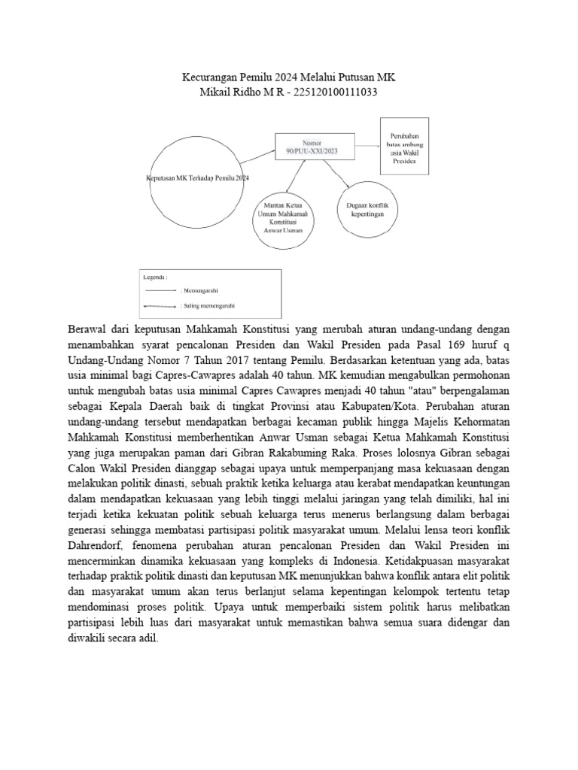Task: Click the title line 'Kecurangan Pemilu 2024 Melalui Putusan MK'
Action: [x=289, y=77]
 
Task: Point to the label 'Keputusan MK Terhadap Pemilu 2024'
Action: [x=197, y=178]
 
